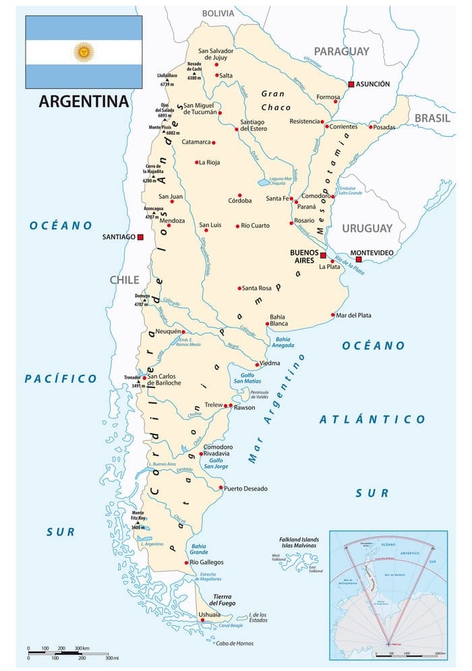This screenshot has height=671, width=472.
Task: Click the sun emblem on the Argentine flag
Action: (84, 52)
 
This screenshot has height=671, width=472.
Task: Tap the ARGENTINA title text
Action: (84, 102)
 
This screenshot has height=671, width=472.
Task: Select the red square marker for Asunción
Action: (351, 84)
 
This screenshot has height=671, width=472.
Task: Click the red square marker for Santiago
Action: (140, 237)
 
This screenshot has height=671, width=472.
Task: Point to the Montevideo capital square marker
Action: (359, 259)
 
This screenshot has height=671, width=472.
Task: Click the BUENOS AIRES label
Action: (303, 257)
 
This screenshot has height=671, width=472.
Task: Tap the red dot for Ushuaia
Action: (193, 620)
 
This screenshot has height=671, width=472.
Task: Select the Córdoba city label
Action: (239, 200)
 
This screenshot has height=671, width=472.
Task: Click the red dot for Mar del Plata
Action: (333, 315)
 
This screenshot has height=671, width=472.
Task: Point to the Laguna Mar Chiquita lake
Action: (261, 182)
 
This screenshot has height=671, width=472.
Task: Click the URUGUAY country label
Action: (366, 228)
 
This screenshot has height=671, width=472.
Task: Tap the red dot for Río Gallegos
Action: (186, 562)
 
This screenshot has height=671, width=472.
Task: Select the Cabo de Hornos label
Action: (234, 643)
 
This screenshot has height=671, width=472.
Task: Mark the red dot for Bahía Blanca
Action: (268, 323)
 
